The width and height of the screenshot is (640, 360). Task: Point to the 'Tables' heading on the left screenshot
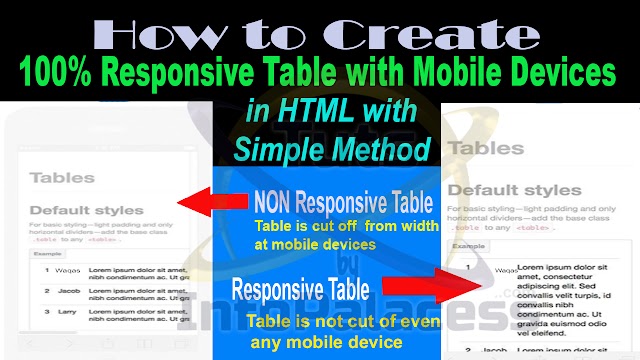63,178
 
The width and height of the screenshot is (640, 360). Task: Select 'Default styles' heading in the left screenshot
87,211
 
